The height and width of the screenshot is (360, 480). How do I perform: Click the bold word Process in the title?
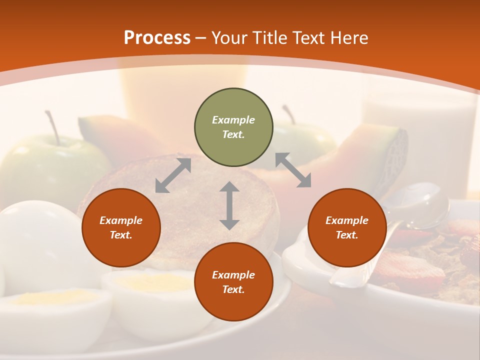coord(157,38)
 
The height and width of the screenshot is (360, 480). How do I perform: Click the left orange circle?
coord(121,227)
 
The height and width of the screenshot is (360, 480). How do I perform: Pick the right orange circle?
coord(347,227)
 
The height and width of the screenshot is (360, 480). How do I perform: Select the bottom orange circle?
coord(233,281)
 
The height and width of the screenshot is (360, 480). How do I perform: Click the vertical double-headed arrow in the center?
coord(229,205)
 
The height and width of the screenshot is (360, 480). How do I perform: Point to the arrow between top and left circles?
coord(173,175)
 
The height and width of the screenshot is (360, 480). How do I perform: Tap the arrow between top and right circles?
coord(293,170)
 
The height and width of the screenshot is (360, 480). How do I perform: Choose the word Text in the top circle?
coord(233,134)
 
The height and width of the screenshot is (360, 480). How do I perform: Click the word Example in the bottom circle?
coord(233,274)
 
